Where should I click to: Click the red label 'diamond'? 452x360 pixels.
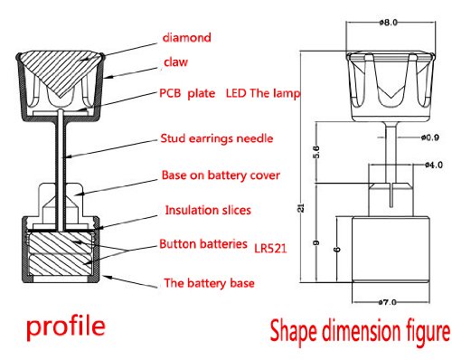(x=187, y=37)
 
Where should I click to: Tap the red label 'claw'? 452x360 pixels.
(x=175, y=62)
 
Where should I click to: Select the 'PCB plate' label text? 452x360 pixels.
(x=187, y=93)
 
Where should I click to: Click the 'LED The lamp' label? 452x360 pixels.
(x=263, y=93)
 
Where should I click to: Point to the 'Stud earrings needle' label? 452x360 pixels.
(x=217, y=138)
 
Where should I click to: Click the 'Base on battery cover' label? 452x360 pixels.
(x=221, y=175)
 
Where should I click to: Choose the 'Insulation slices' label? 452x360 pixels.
(x=208, y=210)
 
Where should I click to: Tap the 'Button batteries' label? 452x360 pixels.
(x=203, y=243)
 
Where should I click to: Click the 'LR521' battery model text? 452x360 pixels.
(x=270, y=249)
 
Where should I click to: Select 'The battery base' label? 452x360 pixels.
(x=209, y=283)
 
